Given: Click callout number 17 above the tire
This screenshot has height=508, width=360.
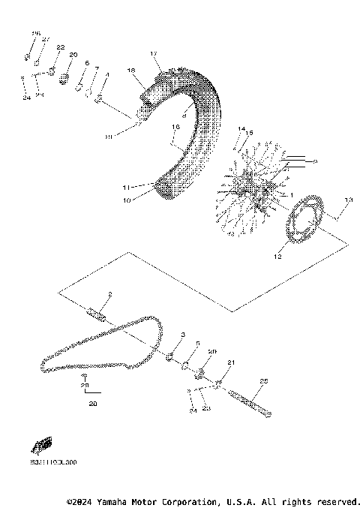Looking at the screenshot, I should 153,55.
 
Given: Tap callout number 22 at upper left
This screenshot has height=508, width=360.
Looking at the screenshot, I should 61,47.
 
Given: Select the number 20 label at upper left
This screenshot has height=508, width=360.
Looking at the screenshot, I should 73,56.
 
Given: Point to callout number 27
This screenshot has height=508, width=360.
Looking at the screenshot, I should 45,39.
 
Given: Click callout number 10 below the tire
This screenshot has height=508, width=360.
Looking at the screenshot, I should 127,200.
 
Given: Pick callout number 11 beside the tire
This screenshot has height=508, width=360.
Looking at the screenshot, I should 127,186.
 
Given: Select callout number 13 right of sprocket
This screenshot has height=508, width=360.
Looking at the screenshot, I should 347,200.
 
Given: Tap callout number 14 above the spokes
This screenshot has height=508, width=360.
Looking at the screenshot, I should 241,130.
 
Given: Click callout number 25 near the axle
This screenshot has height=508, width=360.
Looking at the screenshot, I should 263,380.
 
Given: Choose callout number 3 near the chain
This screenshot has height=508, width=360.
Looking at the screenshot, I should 182,334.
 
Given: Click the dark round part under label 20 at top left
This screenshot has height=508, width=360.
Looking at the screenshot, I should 64,77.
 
